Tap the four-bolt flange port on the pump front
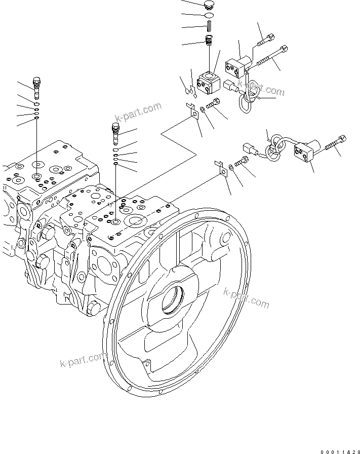(107, 265)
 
